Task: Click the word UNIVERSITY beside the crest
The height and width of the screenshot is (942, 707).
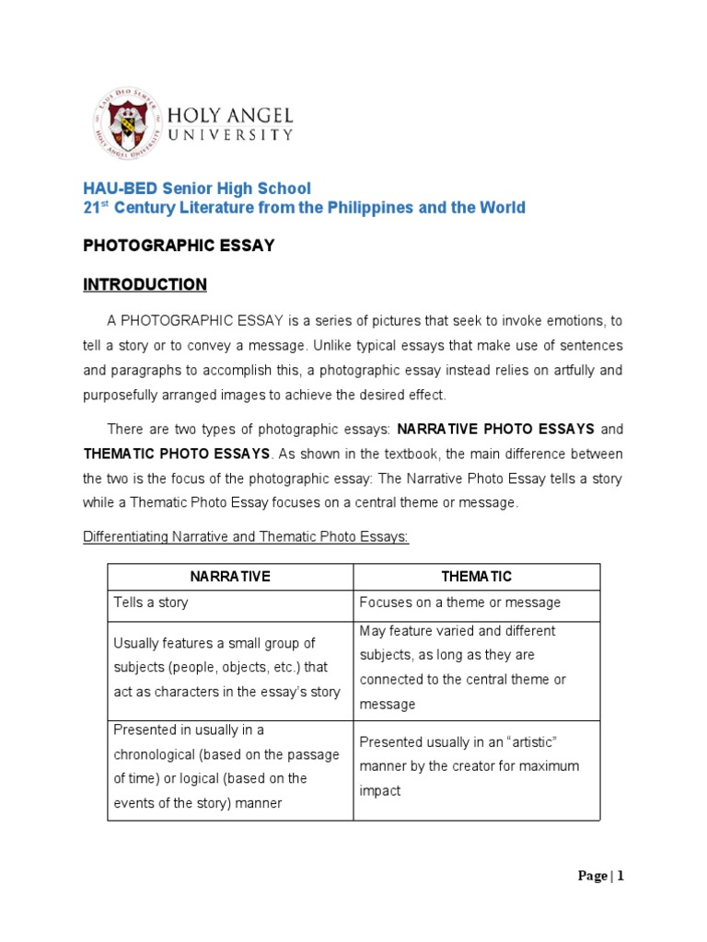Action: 230,135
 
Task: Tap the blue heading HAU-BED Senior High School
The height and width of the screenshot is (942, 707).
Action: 197,188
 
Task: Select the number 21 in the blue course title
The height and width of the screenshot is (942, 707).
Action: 92,208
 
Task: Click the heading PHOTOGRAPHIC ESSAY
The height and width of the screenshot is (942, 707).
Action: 179,247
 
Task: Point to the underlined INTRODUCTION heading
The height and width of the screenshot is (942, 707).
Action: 145,284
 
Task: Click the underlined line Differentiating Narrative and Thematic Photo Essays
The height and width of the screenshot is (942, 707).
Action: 246,537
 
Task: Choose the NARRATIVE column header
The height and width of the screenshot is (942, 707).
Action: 230,577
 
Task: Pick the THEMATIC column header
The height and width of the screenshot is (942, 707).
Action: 476,577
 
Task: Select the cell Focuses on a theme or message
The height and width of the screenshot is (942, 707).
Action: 459,603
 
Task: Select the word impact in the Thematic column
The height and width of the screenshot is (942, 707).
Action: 380,791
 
